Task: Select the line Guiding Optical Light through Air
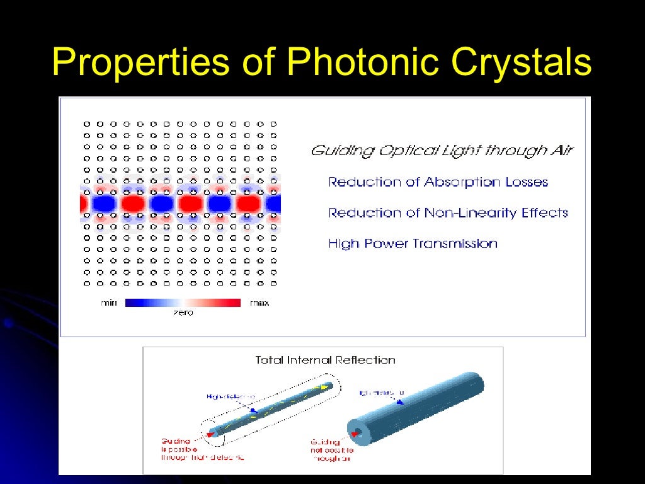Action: [442, 151]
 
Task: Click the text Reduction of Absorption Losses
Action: [438, 182]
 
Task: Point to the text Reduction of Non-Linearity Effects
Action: [448, 213]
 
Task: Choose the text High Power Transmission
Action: [413, 243]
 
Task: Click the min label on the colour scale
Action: [109, 303]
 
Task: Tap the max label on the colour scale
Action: [259, 303]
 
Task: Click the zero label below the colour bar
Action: [183, 313]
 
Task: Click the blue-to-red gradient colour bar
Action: [183, 302]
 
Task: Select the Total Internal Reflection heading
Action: [325, 360]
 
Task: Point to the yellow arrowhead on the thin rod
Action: [326, 387]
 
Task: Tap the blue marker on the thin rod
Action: [253, 410]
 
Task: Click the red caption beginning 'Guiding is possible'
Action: [202, 449]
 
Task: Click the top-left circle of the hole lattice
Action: [87, 124]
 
